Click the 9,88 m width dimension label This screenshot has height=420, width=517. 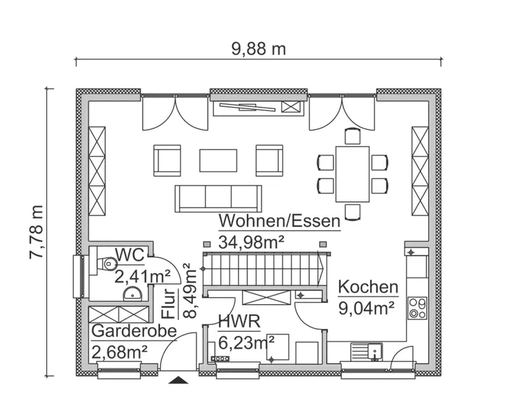pyautogui.click(x=258, y=49)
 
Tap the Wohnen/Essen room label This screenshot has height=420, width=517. pyautogui.click(x=279, y=221)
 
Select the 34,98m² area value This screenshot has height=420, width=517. pyautogui.click(x=252, y=241)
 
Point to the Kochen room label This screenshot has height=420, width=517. pyautogui.click(x=368, y=287)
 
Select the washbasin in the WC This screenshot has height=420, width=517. pyautogui.click(x=132, y=294)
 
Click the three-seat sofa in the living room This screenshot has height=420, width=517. pyautogui.click(x=219, y=198)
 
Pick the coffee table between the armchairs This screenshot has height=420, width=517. pyautogui.click(x=219, y=160)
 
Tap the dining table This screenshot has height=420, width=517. pyautogui.click(x=352, y=174)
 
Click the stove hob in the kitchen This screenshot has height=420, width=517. pyautogui.click(x=416, y=307)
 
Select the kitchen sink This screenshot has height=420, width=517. pyautogui.click(x=367, y=351)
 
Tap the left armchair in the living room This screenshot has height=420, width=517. pyautogui.click(x=167, y=160)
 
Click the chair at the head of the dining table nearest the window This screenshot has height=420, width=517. pyautogui.click(x=352, y=137)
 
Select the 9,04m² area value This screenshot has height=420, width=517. pyautogui.click(x=366, y=307)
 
